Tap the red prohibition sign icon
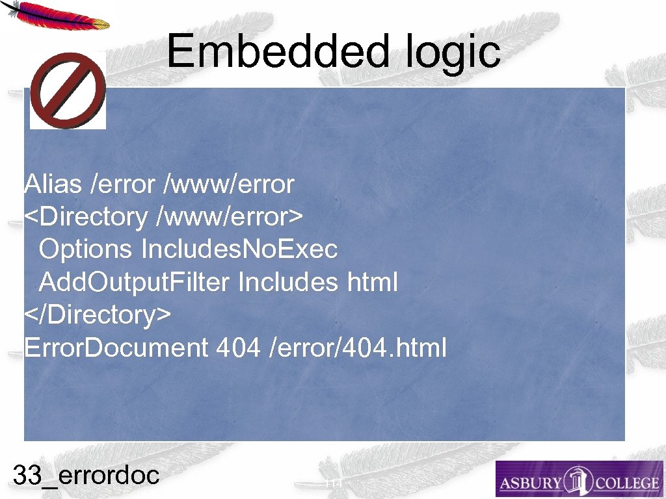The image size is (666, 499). (68, 90)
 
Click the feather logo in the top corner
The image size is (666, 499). (55, 14)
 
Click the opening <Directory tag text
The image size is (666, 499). (86, 217)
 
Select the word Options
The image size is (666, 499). (85, 249)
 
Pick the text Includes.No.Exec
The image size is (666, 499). (239, 249)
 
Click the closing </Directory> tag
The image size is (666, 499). (98, 315)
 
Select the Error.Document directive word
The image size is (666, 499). (115, 348)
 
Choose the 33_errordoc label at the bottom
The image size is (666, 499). (86, 476)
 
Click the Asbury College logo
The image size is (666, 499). (579, 480)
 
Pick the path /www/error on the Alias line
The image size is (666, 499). (230, 185)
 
